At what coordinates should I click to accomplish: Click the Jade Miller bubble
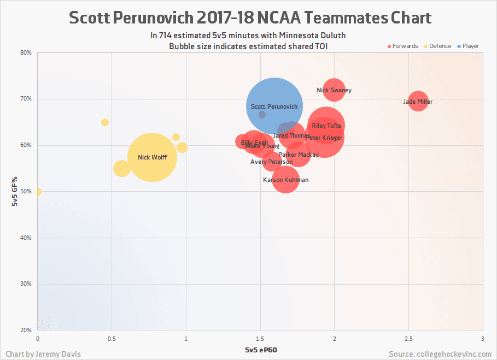click(x=418, y=102)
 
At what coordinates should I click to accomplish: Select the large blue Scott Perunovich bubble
click(x=273, y=106)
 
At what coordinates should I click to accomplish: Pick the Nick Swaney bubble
click(x=334, y=90)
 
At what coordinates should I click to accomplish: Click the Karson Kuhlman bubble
click(x=285, y=180)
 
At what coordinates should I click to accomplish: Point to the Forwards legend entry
click(x=402, y=46)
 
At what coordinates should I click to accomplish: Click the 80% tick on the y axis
click(x=26, y=53)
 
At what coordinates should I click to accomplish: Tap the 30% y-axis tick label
click(x=26, y=284)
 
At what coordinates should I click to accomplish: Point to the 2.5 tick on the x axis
click(x=408, y=339)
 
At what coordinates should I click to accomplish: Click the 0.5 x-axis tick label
click(x=112, y=339)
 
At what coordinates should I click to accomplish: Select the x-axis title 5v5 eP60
click(x=260, y=349)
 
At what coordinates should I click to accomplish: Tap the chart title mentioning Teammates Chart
click(x=250, y=18)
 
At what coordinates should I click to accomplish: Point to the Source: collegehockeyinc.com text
click(x=440, y=354)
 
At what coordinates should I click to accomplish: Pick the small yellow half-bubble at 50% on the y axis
click(x=38, y=192)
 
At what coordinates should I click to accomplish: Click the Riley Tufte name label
click(x=326, y=126)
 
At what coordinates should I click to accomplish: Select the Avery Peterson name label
click(x=271, y=162)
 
